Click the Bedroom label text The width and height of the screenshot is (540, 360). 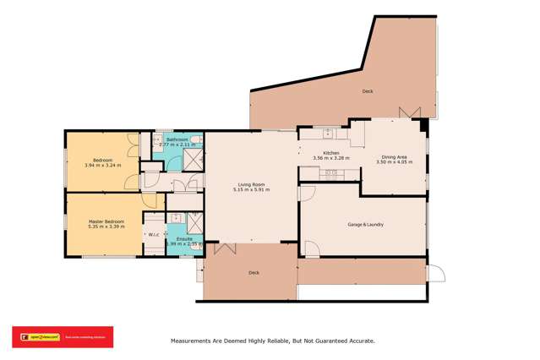click(x=102, y=160)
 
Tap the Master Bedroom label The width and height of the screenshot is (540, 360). click(x=106, y=221)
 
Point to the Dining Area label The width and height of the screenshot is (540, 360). click(x=394, y=156)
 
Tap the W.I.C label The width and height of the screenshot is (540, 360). click(x=154, y=235)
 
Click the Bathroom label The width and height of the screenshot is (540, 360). click(x=177, y=139)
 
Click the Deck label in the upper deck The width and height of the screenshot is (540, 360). click(x=367, y=90)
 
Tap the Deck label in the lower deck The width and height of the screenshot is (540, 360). click(x=254, y=273)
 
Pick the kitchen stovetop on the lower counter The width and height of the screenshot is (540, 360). click(x=330, y=173)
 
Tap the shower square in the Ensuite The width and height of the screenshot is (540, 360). click(x=194, y=221)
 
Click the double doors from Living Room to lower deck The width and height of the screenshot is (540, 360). click(x=225, y=248)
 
